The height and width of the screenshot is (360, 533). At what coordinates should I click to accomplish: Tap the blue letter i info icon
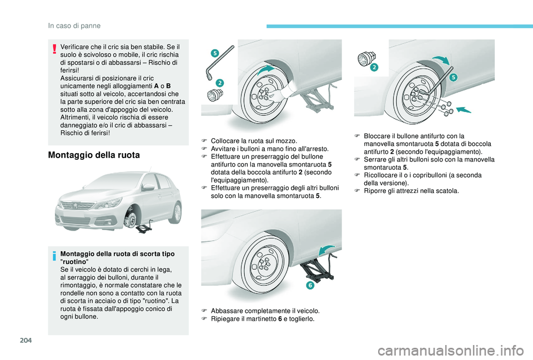pyautogui.click(x=54, y=256)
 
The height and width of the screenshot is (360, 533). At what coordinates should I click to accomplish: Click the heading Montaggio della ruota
pyautogui.click(x=94, y=155)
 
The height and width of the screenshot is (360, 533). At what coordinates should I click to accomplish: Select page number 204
pyautogui.click(x=26, y=339)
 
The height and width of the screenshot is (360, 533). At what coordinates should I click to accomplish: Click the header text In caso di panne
pyautogui.click(x=74, y=26)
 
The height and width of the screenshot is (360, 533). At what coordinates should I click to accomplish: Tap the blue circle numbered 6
pyautogui.click(x=310, y=285)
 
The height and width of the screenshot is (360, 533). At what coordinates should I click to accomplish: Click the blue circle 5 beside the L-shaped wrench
pyautogui.click(x=214, y=53)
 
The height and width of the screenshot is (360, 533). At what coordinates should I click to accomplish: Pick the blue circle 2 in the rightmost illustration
pyautogui.click(x=374, y=67)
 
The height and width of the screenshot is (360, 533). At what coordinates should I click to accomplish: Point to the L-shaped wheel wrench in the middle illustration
pyautogui.click(x=220, y=63)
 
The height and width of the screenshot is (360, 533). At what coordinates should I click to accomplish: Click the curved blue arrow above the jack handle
pyautogui.click(x=326, y=250)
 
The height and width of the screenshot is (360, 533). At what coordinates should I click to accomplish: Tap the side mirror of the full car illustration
pyautogui.click(x=148, y=187)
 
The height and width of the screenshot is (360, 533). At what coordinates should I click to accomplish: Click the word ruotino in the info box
pyautogui.click(x=74, y=262)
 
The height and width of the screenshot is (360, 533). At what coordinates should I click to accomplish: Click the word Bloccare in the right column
pyautogui.click(x=376, y=136)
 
